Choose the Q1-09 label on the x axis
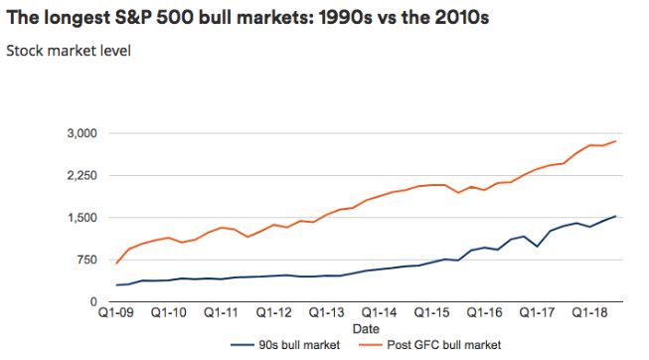[116, 311]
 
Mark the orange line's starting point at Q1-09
[117, 264]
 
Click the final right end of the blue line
[617, 216]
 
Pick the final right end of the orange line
[617, 140]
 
